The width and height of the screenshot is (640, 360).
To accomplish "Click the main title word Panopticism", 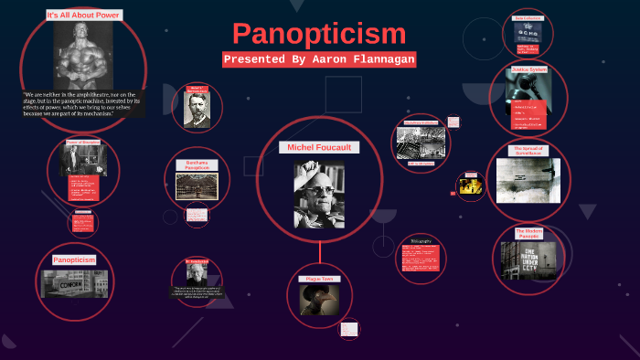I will (319, 35).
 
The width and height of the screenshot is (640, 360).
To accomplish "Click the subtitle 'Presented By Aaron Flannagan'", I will (319, 59).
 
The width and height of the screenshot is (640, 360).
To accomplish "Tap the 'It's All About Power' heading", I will (83, 16).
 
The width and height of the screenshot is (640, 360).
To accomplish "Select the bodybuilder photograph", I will (83, 55).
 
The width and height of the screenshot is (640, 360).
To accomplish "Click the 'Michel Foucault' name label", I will (319, 147).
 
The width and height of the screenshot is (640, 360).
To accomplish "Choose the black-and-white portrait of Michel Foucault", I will (319, 194).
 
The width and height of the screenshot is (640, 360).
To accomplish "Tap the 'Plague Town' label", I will (320, 279).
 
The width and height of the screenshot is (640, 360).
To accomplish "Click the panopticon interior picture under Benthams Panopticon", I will (197, 186).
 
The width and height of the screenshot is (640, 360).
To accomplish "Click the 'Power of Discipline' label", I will (82, 143).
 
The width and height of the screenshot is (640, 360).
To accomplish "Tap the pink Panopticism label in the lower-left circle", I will (74, 260).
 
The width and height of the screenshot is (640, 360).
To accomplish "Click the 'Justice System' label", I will (529, 69).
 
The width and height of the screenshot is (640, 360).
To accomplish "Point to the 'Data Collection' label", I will (528, 18).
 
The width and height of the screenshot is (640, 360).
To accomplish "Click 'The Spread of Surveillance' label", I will (528, 151).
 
